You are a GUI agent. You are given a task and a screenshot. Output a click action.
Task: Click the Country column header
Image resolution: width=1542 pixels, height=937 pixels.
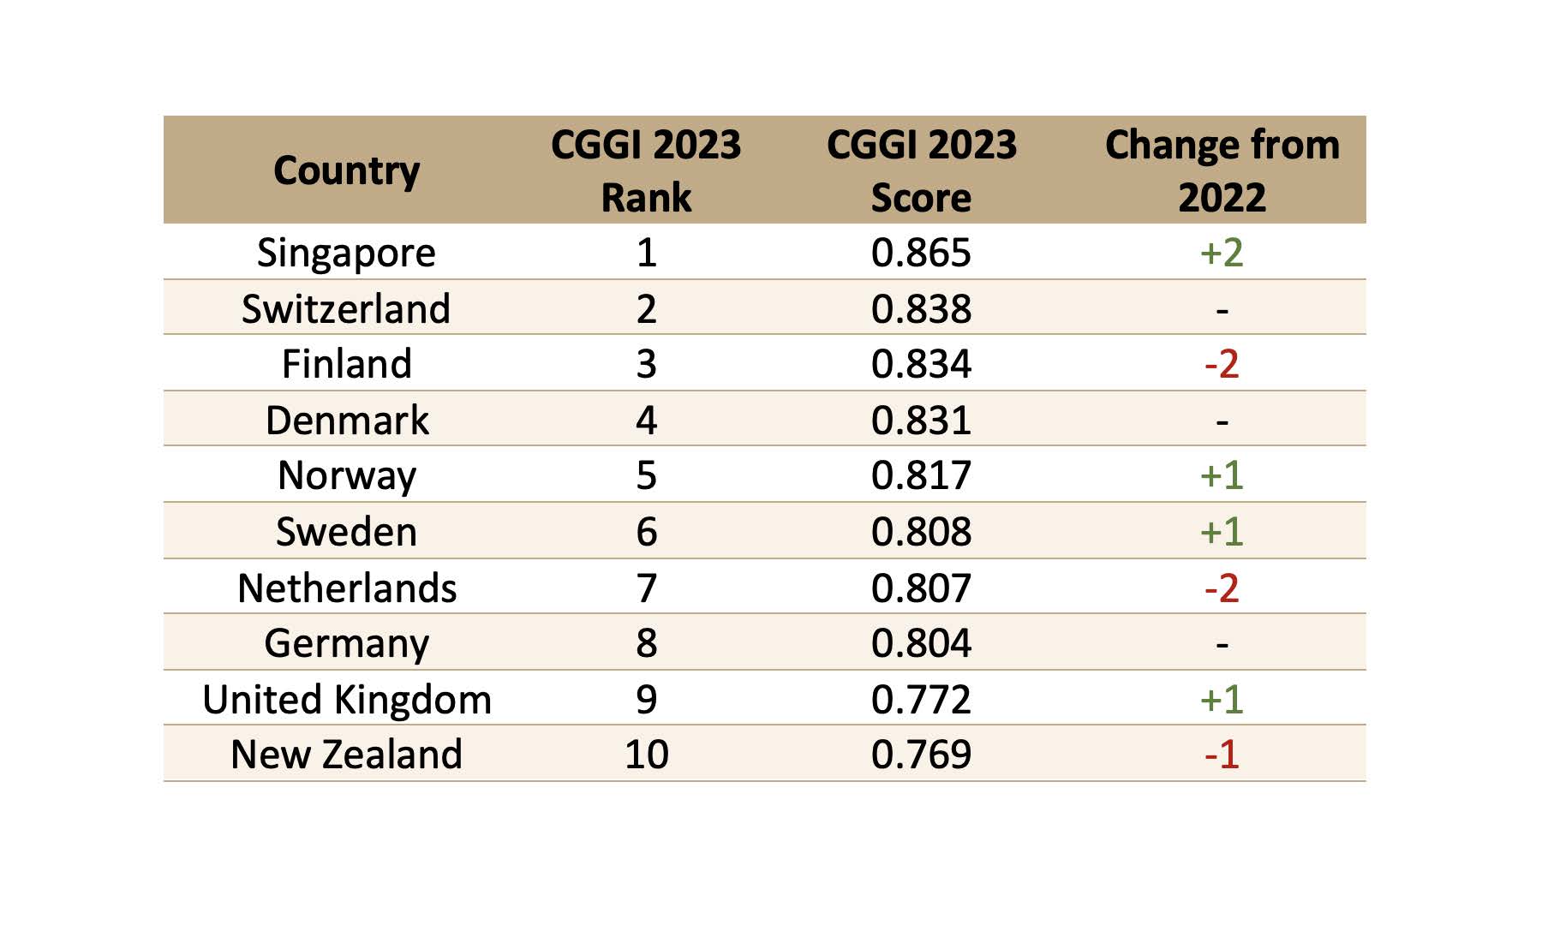(346, 170)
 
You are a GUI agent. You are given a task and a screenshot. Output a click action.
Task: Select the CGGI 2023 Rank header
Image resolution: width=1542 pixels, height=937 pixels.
(646, 170)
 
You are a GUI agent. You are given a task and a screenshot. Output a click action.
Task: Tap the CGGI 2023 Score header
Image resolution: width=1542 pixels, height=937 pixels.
(921, 170)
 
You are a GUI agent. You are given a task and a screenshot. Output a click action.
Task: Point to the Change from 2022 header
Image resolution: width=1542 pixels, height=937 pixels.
(1222, 170)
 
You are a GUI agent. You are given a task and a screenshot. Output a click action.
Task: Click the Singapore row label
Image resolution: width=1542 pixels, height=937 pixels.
(346, 253)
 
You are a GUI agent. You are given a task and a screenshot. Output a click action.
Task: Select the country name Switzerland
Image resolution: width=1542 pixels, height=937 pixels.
(346, 308)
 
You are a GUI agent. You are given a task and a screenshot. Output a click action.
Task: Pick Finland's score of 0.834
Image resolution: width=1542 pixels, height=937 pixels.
(921, 364)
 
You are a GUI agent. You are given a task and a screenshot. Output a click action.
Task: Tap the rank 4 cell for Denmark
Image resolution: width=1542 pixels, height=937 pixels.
(646, 421)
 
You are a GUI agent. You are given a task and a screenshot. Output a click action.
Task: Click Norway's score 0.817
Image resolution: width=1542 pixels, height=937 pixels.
(921, 475)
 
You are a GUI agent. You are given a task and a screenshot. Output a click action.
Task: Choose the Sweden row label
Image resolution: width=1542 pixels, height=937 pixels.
(346, 532)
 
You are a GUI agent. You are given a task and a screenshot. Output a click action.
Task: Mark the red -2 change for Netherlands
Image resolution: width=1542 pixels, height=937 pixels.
(1222, 588)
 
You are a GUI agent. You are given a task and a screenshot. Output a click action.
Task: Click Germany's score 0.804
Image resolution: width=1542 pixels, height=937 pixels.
(921, 643)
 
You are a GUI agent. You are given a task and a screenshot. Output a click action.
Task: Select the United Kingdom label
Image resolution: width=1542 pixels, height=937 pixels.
(346, 700)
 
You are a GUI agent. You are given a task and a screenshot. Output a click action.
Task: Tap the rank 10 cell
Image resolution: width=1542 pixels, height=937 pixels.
(646, 755)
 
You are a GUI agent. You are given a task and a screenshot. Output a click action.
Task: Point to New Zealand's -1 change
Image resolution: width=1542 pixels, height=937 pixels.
(1222, 755)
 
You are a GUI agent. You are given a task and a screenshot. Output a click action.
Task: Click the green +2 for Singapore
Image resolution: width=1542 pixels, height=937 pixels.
(1222, 253)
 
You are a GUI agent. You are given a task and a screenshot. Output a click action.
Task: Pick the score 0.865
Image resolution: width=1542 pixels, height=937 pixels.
(921, 253)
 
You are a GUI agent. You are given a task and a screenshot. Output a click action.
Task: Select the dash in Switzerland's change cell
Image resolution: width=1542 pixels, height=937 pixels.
(1222, 310)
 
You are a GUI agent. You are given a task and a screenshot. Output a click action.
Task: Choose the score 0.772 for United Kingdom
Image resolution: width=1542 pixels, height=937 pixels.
(921, 700)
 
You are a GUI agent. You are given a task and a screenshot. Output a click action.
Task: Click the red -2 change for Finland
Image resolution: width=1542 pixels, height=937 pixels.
(1222, 364)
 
